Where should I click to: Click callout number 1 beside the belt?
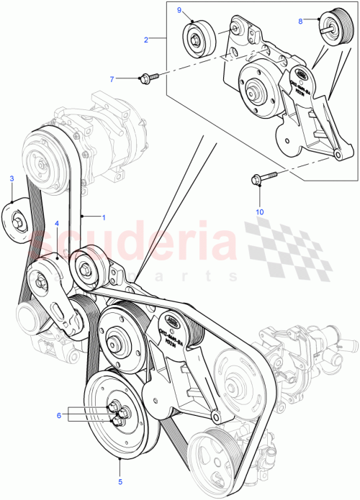tap(103, 216)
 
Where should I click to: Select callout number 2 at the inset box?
tap(146, 40)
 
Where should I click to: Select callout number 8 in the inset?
tap(300, 21)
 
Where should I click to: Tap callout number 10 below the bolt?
tap(260, 212)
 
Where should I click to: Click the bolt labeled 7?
tap(150, 76)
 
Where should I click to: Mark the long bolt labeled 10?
tap(261, 178)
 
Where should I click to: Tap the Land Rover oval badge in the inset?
tap(303, 71)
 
